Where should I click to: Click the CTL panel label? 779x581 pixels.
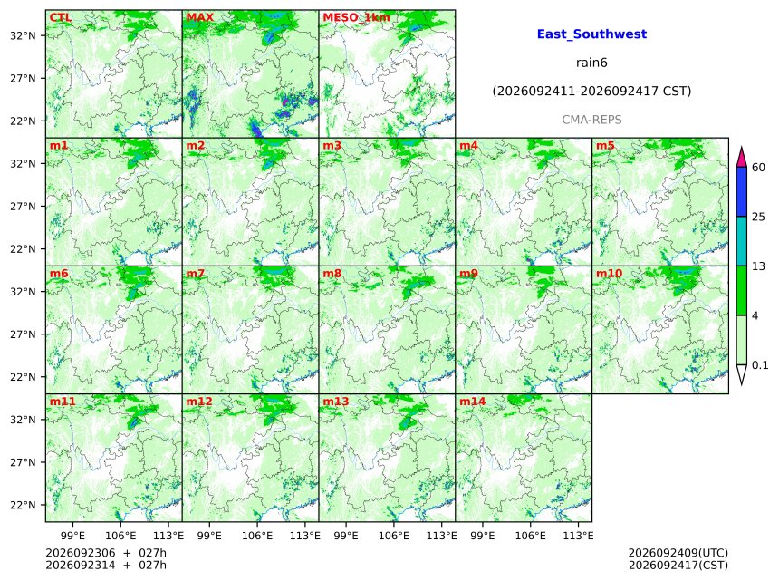click(x=60, y=17)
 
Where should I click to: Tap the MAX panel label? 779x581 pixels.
click(x=199, y=17)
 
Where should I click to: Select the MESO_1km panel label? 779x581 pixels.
click(x=356, y=18)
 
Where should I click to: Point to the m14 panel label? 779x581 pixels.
click(x=472, y=402)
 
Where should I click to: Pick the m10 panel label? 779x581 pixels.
click(x=609, y=274)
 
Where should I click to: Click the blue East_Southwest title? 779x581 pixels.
click(x=591, y=34)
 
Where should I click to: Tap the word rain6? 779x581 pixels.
click(x=591, y=63)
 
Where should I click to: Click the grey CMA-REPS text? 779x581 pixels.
click(x=591, y=120)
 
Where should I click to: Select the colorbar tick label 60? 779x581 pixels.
click(x=758, y=167)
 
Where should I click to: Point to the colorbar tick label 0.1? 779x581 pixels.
click(x=760, y=365)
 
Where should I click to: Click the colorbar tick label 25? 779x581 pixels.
click(x=758, y=217)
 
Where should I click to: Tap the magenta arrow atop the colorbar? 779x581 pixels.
click(x=741, y=158)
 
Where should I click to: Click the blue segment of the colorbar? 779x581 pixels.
click(x=741, y=192)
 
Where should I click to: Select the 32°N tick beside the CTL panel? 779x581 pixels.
click(x=23, y=35)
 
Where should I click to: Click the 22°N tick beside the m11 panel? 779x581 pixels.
click(x=23, y=505)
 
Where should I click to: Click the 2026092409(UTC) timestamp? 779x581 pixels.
click(x=678, y=553)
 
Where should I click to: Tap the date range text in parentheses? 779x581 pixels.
click(x=591, y=92)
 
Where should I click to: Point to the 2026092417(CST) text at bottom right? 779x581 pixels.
click(x=678, y=565)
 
